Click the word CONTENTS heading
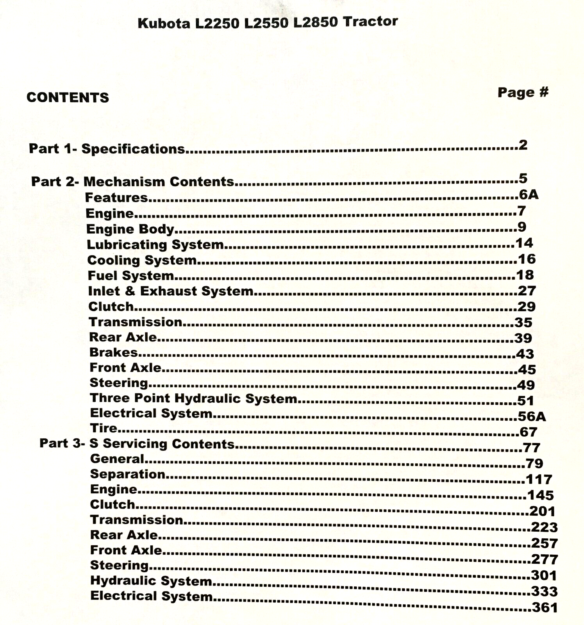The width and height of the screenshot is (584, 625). (68, 97)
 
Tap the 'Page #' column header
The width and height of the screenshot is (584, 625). (523, 93)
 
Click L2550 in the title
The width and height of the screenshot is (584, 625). (267, 23)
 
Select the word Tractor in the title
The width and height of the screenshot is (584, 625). (370, 21)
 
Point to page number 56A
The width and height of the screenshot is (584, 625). (532, 416)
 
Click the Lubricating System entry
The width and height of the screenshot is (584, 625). (155, 245)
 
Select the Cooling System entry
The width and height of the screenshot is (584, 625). (142, 260)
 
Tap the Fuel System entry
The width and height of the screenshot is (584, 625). (131, 275)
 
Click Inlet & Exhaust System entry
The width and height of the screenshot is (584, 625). (171, 291)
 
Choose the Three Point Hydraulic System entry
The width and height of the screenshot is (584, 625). (193, 398)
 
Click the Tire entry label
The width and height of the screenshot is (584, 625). (104, 428)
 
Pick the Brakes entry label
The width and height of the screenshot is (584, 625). (113, 352)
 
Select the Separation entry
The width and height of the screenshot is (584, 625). (128, 474)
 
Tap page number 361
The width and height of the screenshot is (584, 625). (545, 608)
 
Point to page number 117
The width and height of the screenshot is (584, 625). (539, 479)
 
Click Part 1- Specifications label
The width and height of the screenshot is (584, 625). (107, 149)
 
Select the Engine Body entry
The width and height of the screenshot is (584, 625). (130, 229)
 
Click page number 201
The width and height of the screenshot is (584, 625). (542, 511)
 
